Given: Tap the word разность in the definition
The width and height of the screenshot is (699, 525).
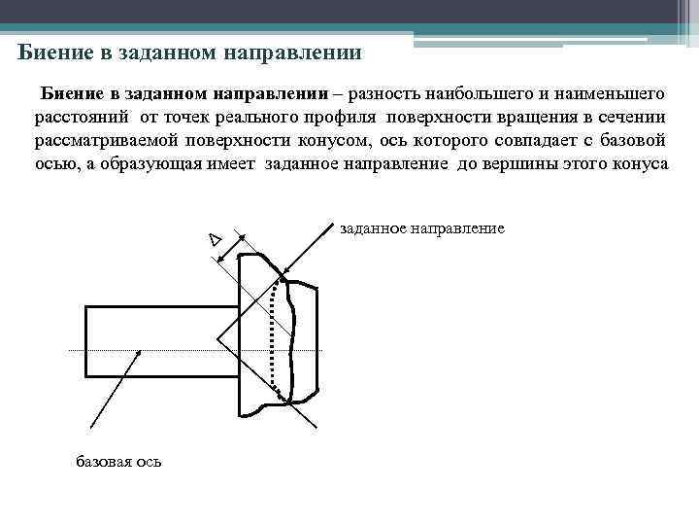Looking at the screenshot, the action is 384,94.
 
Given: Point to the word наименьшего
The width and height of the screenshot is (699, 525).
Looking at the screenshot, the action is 613,94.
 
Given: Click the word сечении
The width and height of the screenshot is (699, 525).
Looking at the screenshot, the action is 632,118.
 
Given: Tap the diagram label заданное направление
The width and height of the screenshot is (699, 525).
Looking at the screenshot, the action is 422,229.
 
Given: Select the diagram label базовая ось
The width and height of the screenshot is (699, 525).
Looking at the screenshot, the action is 118,461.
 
